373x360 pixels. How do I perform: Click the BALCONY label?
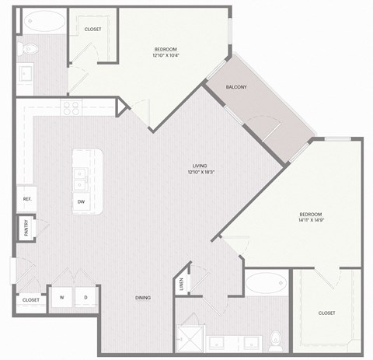(x=236, y=87)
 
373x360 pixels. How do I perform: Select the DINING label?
(x=141, y=298)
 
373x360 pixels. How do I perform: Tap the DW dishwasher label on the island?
(x=81, y=202)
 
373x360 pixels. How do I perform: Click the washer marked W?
(x=61, y=298)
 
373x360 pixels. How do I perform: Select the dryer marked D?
(x=85, y=298)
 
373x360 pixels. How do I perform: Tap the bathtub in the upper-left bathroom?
(x=44, y=21)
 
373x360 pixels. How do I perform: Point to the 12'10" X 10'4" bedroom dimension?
(x=168, y=56)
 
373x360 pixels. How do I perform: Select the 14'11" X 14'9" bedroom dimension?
(x=311, y=221)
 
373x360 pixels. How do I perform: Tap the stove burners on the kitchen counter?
(x=71, y=107)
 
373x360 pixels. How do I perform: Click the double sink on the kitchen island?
(x=79, y=184)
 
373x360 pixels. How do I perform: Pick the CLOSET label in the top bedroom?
(x=92, y=30)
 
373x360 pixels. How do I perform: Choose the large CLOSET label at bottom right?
(x=326, y=313)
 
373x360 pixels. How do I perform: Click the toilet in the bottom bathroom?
(x=274, y=339)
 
